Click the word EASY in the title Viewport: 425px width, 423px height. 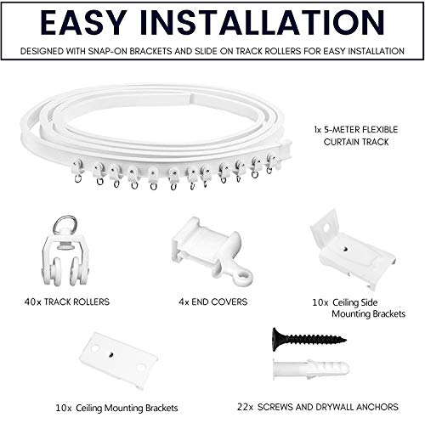click(83, 23)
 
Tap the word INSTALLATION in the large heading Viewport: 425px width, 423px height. click(263, 23)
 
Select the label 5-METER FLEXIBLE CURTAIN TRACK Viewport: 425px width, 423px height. click(356, 136)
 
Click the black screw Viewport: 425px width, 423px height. click(309, 340)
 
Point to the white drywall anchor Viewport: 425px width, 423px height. click(311, 369)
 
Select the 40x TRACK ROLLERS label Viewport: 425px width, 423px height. click(67, 302)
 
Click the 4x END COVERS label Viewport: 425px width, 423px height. click(213, 302)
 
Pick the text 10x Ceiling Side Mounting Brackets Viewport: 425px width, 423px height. click(359, 308)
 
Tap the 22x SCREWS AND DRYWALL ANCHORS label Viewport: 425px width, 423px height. click(318, 407)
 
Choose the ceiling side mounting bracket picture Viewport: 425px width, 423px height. click(353, 250)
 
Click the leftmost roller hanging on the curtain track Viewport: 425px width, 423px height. click(77, 170)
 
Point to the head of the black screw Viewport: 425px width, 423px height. click(275, 340)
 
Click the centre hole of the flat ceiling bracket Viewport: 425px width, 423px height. click(111, 354)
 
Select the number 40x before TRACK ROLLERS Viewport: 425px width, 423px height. click(32, 302)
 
